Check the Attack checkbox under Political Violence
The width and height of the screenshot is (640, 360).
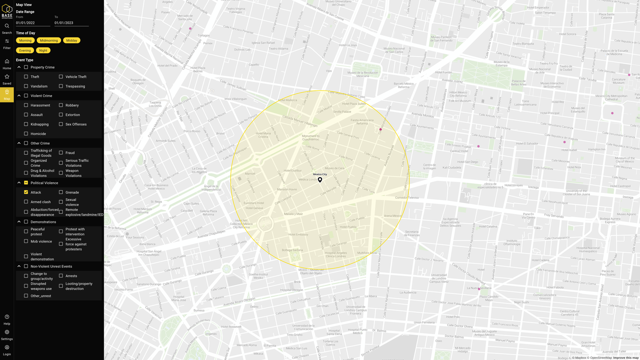coord(26,192)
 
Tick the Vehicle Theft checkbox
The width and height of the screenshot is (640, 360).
coord(61,77)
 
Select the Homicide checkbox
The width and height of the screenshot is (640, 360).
coord(26,134)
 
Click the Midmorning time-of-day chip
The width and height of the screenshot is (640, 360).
coord(49,40)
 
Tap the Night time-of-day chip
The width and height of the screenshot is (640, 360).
coord(43,50)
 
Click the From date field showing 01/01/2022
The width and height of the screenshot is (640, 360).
coord(33,23)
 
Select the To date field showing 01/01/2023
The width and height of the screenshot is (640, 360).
coord(71,23)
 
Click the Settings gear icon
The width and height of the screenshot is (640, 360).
coord(7,332)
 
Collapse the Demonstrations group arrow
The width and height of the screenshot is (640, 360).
coord(19,222)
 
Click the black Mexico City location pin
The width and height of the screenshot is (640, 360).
coord(320,180)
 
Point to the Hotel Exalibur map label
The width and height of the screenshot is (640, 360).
coord(292,170)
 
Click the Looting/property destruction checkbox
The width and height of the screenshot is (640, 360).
coord(61,286)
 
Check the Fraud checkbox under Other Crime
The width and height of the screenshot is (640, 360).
coord(61,152)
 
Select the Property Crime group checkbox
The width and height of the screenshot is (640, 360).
coord(26,67)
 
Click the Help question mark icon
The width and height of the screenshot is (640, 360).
coord(7,317)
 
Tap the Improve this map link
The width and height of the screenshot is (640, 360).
coord(626,358)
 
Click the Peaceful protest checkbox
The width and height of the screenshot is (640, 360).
coord(26,231)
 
